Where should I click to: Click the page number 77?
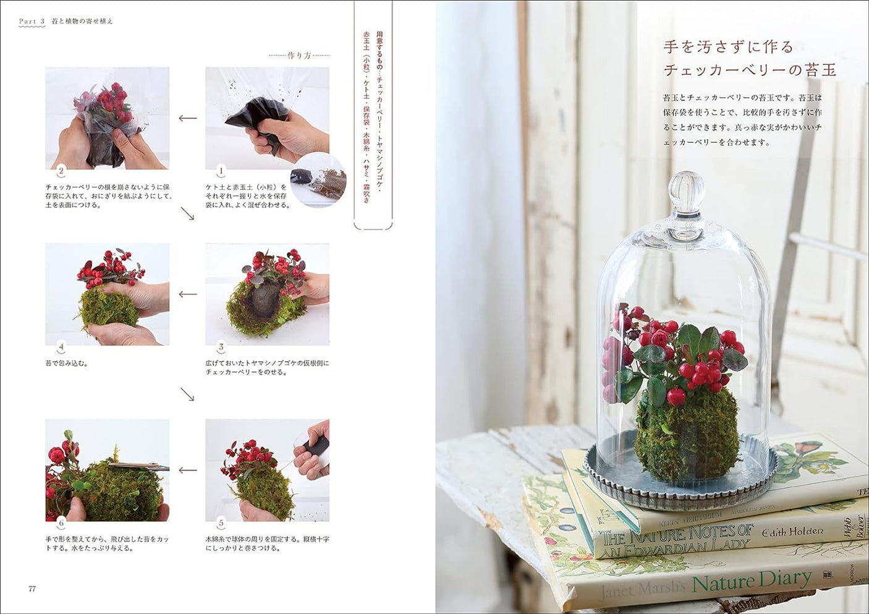pos(32,589)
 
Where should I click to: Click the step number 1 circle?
pos(221,171)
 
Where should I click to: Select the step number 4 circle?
pos(61,347)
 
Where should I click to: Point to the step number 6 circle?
pos(61,523)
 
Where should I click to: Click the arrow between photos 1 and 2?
pos(187,118)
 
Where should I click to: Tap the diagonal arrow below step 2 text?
pos(187,214)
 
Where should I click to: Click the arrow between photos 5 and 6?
pos(187,471)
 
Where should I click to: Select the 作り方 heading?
pos(299,56)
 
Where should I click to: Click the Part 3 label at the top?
pos(32,21)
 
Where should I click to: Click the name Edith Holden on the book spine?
pos(792,531)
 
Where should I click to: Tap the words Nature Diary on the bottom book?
pos(751,581)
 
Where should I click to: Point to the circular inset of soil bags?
pos(318,179)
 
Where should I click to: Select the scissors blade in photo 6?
pos(139,467)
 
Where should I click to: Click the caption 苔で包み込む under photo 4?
pos(67,363)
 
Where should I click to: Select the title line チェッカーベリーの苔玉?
pos(750,70)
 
